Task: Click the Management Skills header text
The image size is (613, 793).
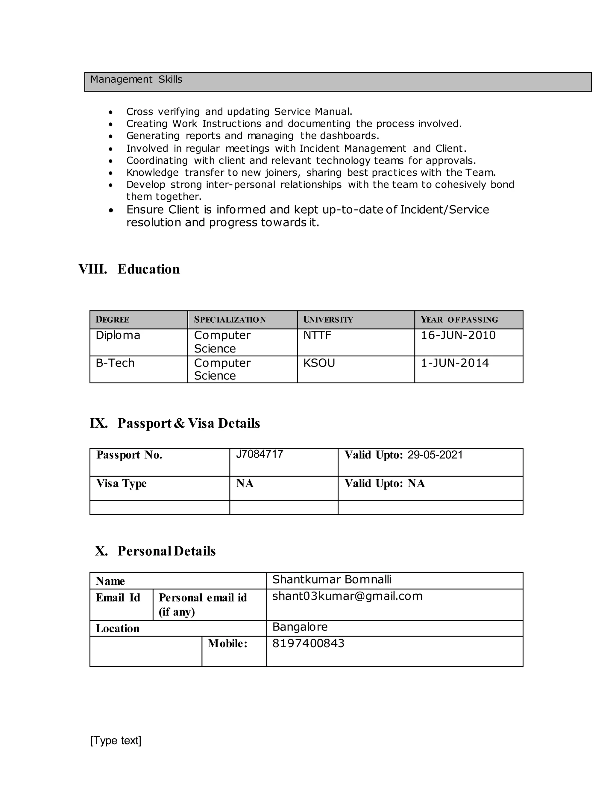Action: click(136, 80)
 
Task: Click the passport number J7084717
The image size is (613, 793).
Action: click(259, 454)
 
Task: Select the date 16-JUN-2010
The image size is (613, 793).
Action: click(458, 335)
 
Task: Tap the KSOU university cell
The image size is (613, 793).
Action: click(319, 363)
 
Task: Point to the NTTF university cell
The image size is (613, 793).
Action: click(317, 335)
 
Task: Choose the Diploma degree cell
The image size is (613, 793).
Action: click(118, 335)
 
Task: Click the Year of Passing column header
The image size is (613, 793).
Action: click(459, 320)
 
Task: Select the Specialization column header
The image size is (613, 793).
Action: click(230, 320)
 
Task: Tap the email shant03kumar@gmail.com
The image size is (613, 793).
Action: click(347, 596)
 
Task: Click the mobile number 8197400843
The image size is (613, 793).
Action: click(308, 643)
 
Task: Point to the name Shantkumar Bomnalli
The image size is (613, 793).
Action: click(332, 580)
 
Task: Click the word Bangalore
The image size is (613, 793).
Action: click(300, 627)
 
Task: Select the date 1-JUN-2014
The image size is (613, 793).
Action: click(454, 363)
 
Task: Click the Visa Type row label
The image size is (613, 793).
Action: click(121, 484)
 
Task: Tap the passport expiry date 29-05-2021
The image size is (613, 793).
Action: click(435, 455)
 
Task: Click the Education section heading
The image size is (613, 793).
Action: click(148, 269)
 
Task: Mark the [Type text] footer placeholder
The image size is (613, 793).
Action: click(116, 740)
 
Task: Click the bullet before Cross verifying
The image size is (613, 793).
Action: click(111, 112)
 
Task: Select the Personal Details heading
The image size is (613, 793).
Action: click(166, 551)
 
